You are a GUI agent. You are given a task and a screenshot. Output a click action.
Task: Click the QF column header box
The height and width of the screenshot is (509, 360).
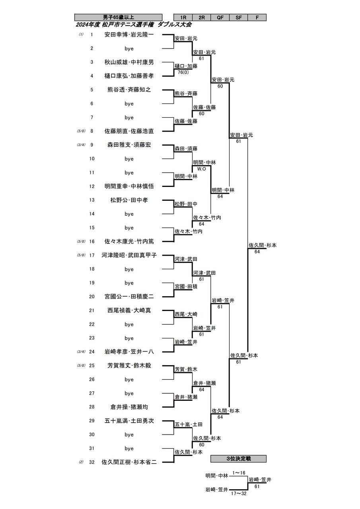[220, 17]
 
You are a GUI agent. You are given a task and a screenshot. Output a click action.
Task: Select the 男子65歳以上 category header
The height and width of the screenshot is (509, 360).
[118, 17]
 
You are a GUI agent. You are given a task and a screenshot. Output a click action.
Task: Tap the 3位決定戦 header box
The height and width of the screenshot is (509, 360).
[238, 459]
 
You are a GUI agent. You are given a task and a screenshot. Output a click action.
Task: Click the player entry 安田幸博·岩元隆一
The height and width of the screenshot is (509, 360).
[129, 35]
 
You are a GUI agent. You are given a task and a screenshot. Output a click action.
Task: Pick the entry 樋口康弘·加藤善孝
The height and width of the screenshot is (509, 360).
[129, 76]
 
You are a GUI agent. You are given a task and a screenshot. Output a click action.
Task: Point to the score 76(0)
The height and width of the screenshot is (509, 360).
[183, 72]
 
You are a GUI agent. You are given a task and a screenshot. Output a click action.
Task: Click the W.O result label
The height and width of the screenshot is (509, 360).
[201, 169]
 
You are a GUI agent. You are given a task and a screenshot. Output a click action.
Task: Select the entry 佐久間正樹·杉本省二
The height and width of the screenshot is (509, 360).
[129, 462]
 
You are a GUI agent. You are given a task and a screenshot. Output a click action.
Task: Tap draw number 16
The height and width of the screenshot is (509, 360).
[91, 241]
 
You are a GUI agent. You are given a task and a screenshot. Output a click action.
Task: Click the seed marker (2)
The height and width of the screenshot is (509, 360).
[81, 462]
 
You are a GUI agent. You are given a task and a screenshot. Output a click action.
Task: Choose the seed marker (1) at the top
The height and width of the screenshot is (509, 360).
[81, 35]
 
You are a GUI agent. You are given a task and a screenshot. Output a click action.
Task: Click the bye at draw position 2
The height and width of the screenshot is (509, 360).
[129, 49]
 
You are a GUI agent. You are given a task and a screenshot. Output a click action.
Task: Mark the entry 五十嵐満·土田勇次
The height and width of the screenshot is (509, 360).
[129, 421]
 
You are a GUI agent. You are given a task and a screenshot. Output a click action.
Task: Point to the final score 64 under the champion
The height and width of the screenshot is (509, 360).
[257, 252]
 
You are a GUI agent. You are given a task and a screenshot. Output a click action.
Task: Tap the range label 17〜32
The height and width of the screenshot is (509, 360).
[239, 493]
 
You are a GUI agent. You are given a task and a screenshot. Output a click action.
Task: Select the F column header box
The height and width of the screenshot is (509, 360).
[257, 17]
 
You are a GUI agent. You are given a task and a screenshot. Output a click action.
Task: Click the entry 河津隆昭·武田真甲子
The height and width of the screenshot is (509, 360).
[129, 255]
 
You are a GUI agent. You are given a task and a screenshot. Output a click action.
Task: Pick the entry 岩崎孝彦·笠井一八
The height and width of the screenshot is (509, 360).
[129, 352]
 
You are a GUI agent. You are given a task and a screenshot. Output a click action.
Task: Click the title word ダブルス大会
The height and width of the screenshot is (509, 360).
[175, 25]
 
